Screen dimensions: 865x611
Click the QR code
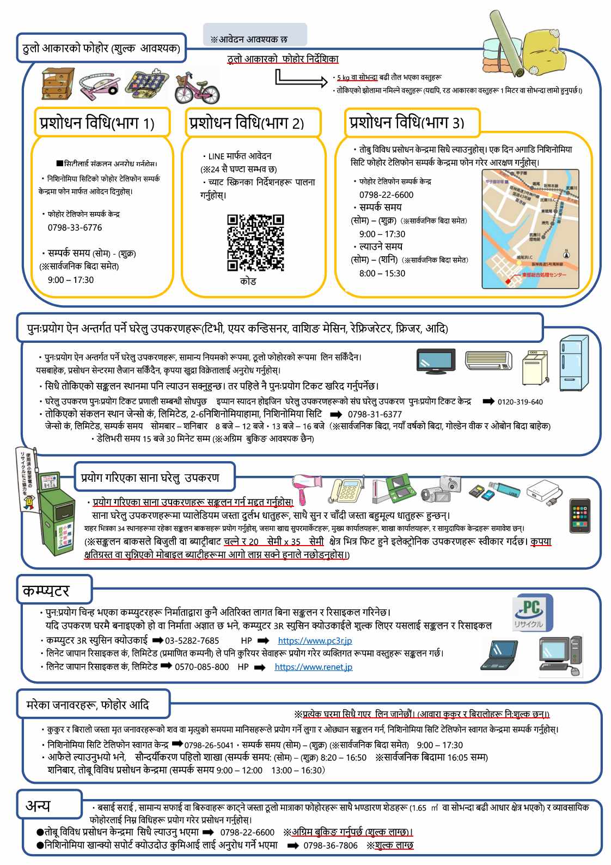(255, 243)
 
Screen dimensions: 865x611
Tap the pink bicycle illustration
(197, 88)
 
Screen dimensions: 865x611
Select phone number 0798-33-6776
(75, 227)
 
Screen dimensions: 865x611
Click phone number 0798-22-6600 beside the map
(386, 195)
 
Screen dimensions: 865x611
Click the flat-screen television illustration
(436, 361)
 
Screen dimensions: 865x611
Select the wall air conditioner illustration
(488, 360)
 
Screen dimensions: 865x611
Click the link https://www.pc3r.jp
(315, 640)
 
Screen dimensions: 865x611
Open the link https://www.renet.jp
(313, 667)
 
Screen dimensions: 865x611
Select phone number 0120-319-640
(520, 402)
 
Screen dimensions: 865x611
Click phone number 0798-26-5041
(209, 745)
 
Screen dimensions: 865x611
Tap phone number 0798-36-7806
(330, 845)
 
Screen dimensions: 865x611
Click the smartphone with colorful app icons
(579, 515)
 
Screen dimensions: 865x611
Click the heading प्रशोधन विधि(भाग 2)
(246, 123)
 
